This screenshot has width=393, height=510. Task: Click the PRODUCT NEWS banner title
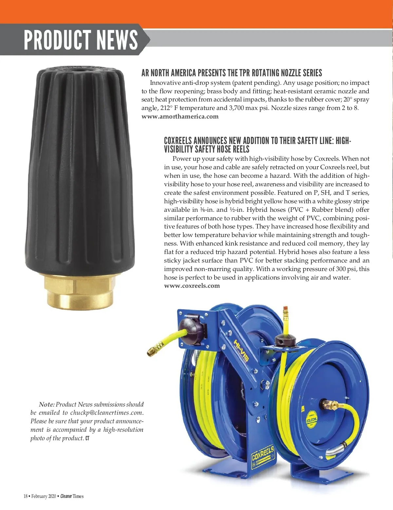click(81, 40)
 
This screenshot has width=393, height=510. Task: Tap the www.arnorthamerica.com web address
click(180, 117)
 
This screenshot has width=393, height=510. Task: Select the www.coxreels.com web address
click(192, 286)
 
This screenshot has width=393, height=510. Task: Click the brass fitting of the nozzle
click(81, 290)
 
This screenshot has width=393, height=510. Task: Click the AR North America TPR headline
click(232, 73)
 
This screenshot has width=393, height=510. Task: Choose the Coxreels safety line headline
click(257, 145)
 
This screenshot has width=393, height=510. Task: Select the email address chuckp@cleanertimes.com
click(106, 413)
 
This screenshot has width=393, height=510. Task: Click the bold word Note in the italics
click(47, 405)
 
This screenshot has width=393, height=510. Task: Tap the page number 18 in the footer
click(26, 496)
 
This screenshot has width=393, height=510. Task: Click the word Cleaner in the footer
click(66, 496)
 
